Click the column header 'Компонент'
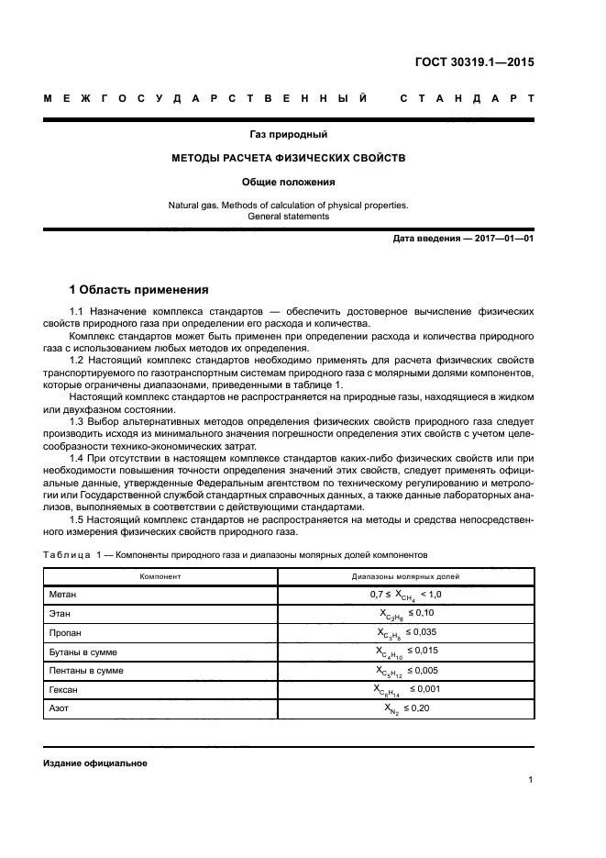tap(160, 577)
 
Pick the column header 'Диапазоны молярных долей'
tap(405, 577)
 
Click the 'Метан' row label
tap(63, 595)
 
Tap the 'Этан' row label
tap(60, 614)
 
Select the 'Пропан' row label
tap(65, 633)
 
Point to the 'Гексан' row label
tap(64, 690)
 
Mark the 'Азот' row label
tap(60, 709)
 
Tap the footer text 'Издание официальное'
tap(95, 763)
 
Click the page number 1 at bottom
tap(531, 780)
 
